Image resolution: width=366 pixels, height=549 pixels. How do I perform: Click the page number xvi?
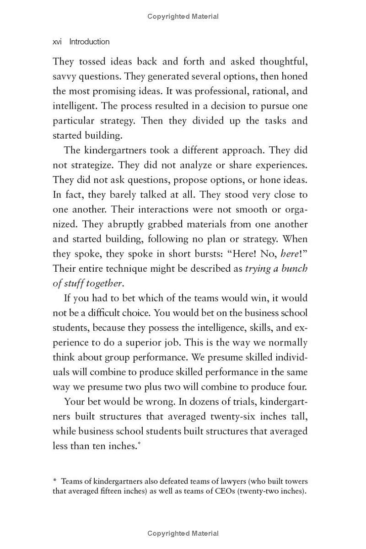coord(57,42)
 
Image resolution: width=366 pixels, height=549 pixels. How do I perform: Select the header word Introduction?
coord(89,42)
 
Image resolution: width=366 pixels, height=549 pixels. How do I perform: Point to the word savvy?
coord(64,76)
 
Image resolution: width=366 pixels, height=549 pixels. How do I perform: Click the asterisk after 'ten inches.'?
coord(139,444)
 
